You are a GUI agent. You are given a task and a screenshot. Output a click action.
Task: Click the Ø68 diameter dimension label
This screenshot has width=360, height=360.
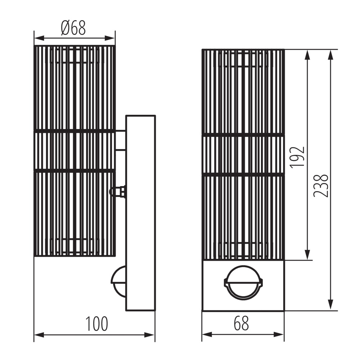tap(73, 28)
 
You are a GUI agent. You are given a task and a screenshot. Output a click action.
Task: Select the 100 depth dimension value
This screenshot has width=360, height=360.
tap(96, 324)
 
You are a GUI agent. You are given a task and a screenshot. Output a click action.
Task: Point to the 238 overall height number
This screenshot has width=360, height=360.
tap(321, 185)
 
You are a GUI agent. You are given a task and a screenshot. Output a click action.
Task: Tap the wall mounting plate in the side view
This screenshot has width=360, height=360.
tap(141, 212)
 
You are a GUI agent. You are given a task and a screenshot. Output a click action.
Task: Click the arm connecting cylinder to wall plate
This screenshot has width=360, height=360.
tap(120, 140)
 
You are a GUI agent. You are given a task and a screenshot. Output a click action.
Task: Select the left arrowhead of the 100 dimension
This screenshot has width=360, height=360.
tap(38, 335)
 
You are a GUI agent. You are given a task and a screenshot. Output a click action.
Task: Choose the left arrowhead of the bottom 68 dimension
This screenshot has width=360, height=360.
tap(206, 335)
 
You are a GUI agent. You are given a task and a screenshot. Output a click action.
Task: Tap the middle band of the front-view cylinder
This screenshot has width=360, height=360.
tap(243, 155)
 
